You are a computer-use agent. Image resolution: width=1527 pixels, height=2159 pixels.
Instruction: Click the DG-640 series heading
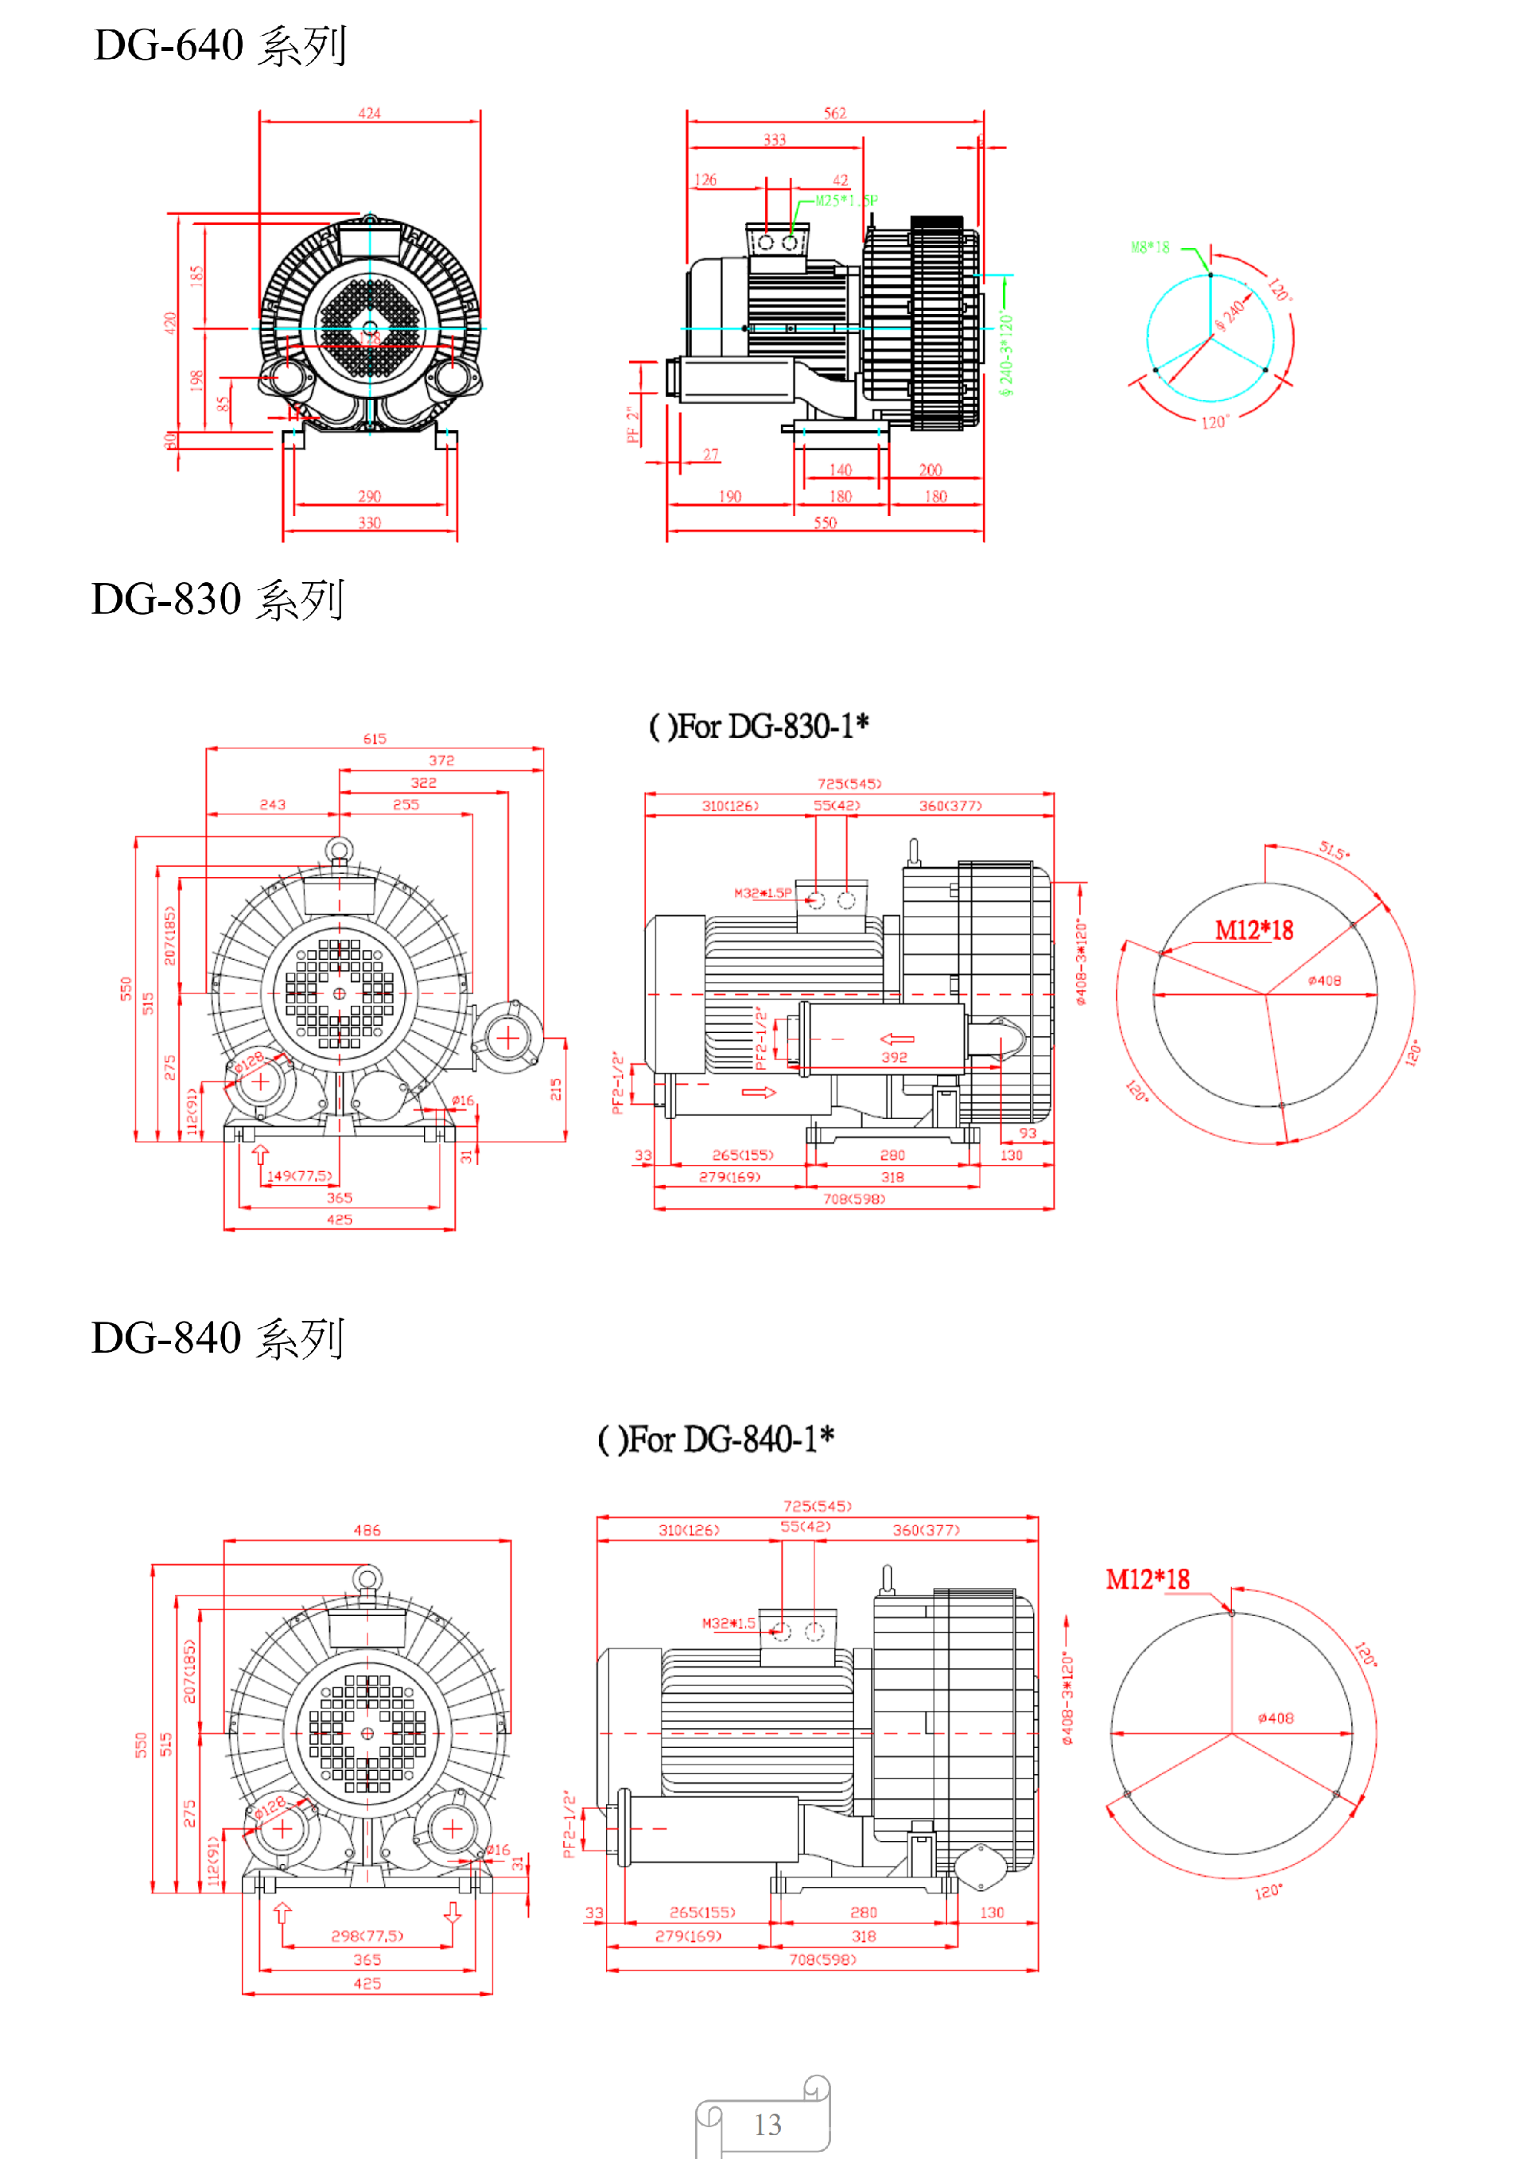220,45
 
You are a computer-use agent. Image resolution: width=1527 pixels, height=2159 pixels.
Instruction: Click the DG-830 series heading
217,599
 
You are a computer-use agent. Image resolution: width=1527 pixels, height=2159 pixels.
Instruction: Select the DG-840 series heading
217,1338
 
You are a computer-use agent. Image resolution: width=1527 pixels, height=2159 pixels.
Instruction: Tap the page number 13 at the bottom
767,2124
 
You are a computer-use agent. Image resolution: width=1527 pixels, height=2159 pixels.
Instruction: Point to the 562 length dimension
834,113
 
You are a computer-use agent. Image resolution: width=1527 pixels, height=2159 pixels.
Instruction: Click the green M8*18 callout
1149,247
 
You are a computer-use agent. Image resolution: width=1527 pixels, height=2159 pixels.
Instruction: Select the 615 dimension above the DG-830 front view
375,739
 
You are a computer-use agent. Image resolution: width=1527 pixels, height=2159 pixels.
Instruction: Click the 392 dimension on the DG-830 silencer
893,1057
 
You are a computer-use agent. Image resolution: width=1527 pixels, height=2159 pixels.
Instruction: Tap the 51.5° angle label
1333,851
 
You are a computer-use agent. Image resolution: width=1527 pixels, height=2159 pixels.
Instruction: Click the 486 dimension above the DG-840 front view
367,1531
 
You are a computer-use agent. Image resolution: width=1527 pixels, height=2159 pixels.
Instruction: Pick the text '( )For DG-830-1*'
758,726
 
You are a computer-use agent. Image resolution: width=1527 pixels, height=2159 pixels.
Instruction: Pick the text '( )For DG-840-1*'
716,1439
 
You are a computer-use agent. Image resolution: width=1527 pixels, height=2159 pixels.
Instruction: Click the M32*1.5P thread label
762,892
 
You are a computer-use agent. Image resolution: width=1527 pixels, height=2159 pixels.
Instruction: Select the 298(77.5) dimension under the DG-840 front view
367,1936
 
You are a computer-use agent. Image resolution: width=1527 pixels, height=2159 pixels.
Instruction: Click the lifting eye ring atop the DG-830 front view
339,850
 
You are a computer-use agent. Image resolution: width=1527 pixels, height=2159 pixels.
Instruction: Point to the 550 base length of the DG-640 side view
825,522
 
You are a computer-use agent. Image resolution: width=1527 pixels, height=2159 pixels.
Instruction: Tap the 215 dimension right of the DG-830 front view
556,1089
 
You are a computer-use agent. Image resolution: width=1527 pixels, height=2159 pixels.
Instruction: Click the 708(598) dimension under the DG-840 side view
822,1959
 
